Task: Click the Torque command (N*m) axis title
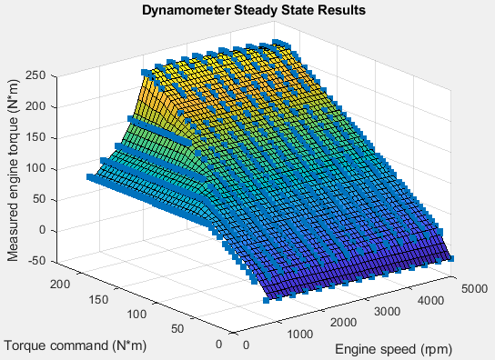point(75,345)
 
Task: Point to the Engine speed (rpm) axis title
point(393,349)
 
